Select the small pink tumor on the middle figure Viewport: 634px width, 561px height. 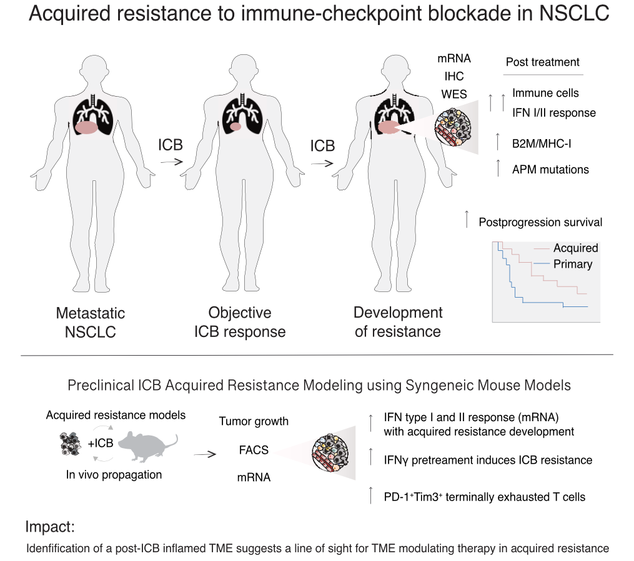click(x=235, y=127)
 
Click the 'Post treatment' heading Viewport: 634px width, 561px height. click(x=542, y=62)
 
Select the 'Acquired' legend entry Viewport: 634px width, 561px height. click(x=575, y=248)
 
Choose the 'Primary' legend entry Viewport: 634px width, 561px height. click(x=572, y=264)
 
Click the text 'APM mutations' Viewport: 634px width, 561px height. click(x=550, y=169)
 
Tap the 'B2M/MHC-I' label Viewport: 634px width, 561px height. click(x=542, y=144)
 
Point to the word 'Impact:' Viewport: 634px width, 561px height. click(x=50, y=527)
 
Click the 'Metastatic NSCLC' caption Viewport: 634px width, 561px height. click(x=91, y=322)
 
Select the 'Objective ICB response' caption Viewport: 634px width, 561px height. click(x=240, y=322)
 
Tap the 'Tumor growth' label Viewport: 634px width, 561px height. click(x=254, y=421)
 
